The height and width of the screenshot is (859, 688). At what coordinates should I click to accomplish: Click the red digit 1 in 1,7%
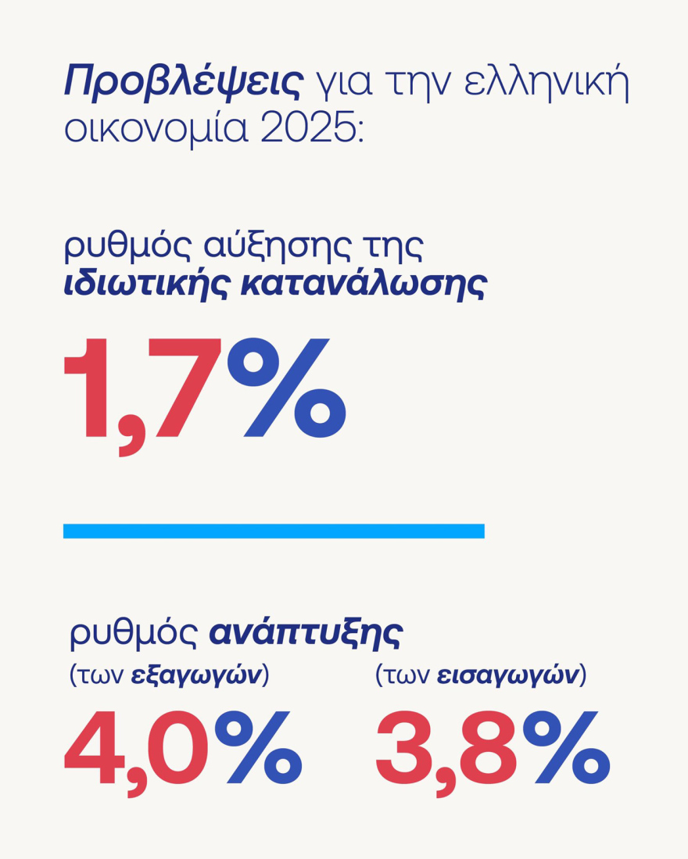(88, 388)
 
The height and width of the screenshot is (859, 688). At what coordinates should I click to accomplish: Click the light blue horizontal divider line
(274, 531)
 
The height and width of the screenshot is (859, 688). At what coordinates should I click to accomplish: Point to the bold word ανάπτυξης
(305, 634)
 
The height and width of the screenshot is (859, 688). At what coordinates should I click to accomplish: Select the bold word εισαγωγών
(508, 675)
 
